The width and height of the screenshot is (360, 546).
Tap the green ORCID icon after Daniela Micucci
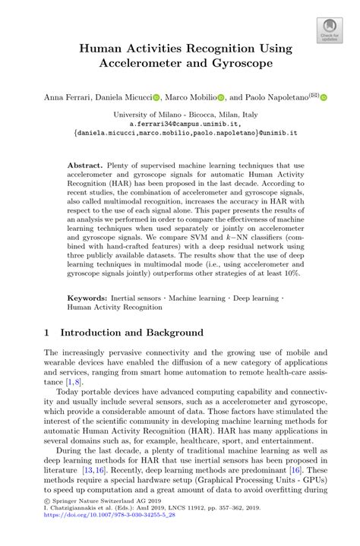click(156, 98)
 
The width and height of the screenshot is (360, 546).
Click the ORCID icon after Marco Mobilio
click(222, 98)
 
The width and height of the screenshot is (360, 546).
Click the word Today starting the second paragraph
click(71, 413)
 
